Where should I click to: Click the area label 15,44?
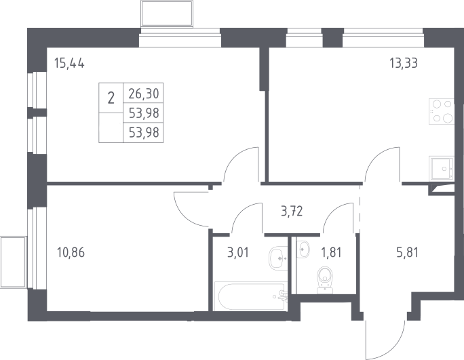(x=69, y=63)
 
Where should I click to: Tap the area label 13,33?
(x=404, y=63)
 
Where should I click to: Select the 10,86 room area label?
(x=71, y=253)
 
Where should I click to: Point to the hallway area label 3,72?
(x=292, y=212)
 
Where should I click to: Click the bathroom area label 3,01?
(x=238, y=253)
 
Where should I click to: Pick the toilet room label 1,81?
(x=332, y=253)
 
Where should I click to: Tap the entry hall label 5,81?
(x=407, y=253)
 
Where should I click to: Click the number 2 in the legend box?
(x=111, y=98)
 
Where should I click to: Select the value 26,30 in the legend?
(x=144, y=94)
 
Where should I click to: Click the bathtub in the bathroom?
(x=250, y=296)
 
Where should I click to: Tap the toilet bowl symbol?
(x=324, y=280)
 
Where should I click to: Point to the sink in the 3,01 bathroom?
(x=277, y=258)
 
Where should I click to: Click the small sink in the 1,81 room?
(x=303, y=249)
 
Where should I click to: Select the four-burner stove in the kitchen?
(x=441, y=111)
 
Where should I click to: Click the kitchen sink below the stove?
(x=442, y=168)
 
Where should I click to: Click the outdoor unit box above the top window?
(x=167, y=14)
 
